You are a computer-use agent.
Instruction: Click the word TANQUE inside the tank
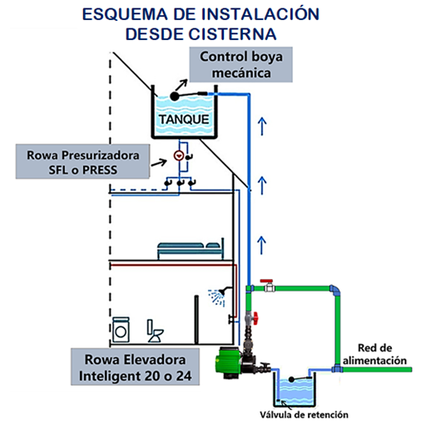click(184, 119)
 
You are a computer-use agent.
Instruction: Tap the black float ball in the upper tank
click(175, 97)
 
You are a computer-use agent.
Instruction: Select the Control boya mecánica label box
click(240, 64)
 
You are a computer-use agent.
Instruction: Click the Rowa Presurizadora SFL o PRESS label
click(82, 162)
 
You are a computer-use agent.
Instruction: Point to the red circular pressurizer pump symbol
click(179, 156)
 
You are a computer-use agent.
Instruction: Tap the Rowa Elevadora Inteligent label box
click(135, 367)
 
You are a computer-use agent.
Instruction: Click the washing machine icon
click(121, 329)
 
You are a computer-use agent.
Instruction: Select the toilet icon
click(155, 331)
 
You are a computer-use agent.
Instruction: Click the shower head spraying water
click(217, 296)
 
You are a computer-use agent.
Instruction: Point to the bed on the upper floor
click(191, 248)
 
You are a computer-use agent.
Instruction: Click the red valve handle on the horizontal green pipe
click(266, 281)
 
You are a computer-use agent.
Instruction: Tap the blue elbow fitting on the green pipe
click(335, 290)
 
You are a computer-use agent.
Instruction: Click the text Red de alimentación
click(374, 354)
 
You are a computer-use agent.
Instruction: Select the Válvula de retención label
click(304, 415)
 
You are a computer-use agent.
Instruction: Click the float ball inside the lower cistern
click(291, 379)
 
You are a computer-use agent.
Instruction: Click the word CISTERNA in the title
click(232, 34)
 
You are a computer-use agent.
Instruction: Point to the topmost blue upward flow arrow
click(262, 127)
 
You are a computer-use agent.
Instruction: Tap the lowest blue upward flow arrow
click(261, 245)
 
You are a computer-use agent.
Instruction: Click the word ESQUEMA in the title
click(125, 14)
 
